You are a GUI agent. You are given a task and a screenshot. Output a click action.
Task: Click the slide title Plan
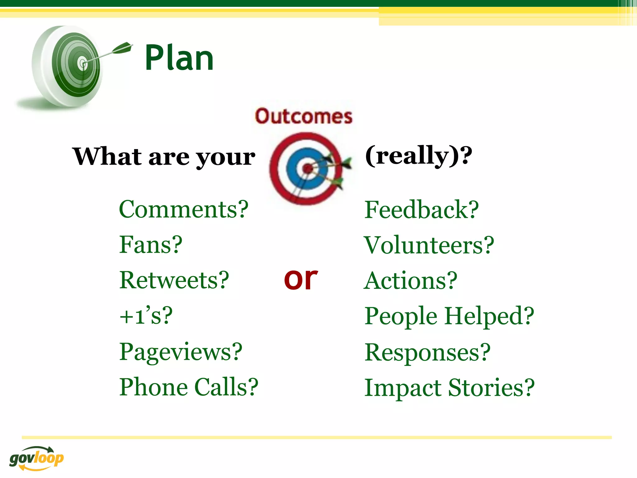179,58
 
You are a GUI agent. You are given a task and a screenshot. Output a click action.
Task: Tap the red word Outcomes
304,116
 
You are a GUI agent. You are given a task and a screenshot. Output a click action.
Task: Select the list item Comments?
184,209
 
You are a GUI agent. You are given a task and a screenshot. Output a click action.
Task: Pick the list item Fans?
151,245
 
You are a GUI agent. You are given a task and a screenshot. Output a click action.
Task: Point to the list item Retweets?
174,280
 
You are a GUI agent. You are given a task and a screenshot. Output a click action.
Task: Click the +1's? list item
146,316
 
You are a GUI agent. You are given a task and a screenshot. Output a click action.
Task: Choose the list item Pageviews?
181,352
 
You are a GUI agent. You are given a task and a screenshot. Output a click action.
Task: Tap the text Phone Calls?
189,387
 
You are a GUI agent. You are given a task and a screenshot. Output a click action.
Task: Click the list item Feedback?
421,210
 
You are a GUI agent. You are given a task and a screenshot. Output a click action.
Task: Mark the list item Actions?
410,281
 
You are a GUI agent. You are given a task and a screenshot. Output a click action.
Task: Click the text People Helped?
449,316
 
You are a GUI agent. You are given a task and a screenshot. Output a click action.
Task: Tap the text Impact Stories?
449,388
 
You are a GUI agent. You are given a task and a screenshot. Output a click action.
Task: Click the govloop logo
36,458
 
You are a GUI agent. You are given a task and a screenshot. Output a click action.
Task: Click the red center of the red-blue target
308,169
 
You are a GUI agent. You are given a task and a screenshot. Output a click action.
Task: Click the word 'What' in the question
107,157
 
